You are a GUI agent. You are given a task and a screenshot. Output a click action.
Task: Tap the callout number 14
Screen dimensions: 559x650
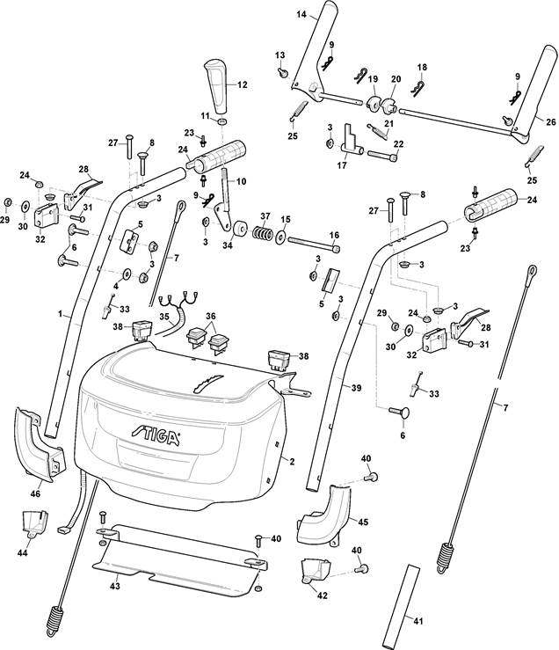(301, 14)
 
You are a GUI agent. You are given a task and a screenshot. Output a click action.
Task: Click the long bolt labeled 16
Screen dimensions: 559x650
(314, 244)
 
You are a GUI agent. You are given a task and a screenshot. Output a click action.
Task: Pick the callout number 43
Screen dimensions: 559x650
(115, 586)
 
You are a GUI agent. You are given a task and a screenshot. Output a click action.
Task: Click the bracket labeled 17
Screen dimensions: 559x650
(351, 141)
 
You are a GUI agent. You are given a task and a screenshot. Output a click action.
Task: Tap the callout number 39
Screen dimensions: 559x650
(356, 388)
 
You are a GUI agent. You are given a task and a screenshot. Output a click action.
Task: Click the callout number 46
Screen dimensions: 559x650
(36, 493)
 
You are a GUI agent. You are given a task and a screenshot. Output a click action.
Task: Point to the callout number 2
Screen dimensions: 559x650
(292, 462)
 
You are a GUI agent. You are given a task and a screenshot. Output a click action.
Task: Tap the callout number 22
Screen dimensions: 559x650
(399, 144)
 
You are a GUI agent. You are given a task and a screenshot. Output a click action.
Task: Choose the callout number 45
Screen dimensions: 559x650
(363, 522)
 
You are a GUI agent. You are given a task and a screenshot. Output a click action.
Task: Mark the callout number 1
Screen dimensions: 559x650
(60, 314)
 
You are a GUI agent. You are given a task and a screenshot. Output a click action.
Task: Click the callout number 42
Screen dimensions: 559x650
(322, 595)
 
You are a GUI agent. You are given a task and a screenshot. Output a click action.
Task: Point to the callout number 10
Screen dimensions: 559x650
(241, 181)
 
